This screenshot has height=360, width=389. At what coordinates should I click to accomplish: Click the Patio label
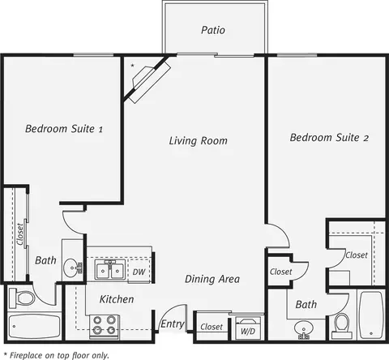(213, 30)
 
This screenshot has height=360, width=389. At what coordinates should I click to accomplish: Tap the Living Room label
(199, 141)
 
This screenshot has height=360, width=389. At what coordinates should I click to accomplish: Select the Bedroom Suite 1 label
(64, 129)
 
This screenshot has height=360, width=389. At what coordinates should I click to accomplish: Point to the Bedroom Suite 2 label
(329, 138)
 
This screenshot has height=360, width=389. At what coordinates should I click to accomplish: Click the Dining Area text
(212, 279)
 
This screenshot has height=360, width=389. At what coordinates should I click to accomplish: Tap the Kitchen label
(117, 299)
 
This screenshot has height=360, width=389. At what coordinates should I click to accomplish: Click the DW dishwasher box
(139, 271)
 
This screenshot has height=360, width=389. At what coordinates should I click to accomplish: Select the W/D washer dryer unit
(248, 328)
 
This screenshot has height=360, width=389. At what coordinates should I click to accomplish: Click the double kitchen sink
(109, 269)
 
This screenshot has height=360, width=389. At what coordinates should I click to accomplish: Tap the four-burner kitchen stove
(105, 326)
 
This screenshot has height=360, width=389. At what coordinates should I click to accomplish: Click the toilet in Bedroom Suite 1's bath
(22, 298)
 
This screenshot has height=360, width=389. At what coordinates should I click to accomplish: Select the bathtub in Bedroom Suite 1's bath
(34, 327)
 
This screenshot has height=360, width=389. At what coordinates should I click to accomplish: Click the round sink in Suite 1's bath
(72, 268)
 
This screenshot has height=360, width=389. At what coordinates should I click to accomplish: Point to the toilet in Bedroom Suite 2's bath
(342, 326)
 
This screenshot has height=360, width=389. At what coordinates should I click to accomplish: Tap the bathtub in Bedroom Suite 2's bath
(371, 315)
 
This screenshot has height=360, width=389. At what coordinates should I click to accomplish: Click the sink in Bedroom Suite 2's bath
(304, 329)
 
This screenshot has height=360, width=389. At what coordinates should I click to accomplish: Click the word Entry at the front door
(173, 324)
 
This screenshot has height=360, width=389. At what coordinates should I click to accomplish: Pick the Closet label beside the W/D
(212, 327)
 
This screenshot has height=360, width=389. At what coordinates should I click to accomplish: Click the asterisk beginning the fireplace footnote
(6, 354)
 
